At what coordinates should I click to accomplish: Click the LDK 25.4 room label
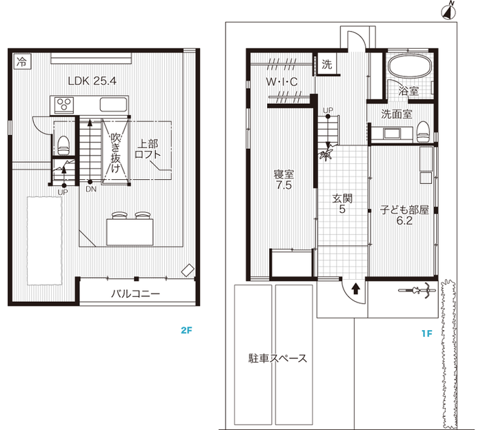click(92, 81)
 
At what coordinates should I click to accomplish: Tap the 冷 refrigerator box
click(21, 61)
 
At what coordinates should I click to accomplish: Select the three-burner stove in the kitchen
click(64, 104)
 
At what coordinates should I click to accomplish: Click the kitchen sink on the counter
click(114, 105)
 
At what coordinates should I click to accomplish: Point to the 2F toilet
click(63, 145)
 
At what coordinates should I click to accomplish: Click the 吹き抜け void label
click(115, 152)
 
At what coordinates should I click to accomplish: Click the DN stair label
click(91, 190)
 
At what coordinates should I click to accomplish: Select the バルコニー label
click(135, 294)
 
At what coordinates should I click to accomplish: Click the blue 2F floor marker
click(186, 331)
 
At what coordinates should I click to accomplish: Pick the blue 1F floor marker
click(427, 334)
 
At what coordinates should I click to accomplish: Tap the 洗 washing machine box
click(327, 63)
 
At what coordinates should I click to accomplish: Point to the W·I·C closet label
click(282, 81)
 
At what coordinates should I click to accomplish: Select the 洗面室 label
click(397, 114)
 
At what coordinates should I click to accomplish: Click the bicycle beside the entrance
click(417, 290)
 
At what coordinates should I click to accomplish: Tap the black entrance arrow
click(356, 288)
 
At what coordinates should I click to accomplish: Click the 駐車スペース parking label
click(277, 358)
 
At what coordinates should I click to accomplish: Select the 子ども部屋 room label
click(404, 210)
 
